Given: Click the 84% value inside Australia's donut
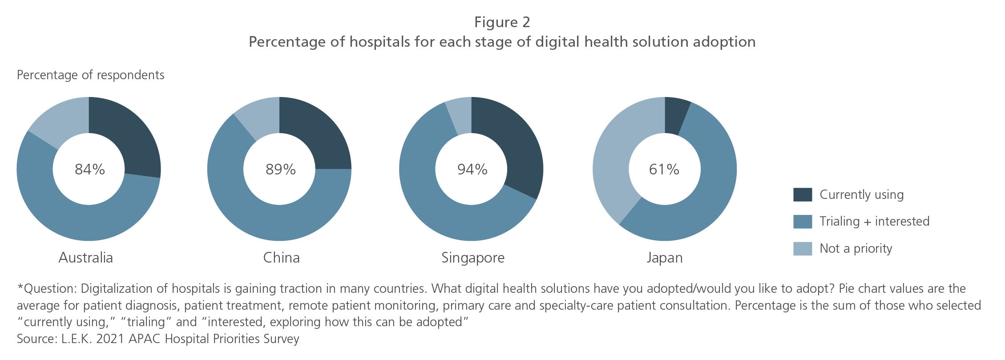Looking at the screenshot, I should pos(89,170).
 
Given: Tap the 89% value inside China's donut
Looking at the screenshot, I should pos(280,170).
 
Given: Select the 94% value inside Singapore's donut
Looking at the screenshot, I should pos(472,170).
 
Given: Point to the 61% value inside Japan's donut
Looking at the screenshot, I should pos(664,170).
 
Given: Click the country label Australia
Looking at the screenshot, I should pos(85,258).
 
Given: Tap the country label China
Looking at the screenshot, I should pos(281,258).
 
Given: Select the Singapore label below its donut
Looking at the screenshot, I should pos(472,258).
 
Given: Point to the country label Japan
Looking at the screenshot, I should pos(664,258).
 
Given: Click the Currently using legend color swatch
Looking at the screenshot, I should pos(803,195).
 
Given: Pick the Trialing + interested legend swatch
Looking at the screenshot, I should pos(803,222).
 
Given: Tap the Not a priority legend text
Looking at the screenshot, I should pos(856,249).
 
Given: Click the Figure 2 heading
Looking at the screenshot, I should pos(502,22).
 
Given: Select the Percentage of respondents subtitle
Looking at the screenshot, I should pos(90,75).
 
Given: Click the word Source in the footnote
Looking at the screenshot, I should pos(36,339).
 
